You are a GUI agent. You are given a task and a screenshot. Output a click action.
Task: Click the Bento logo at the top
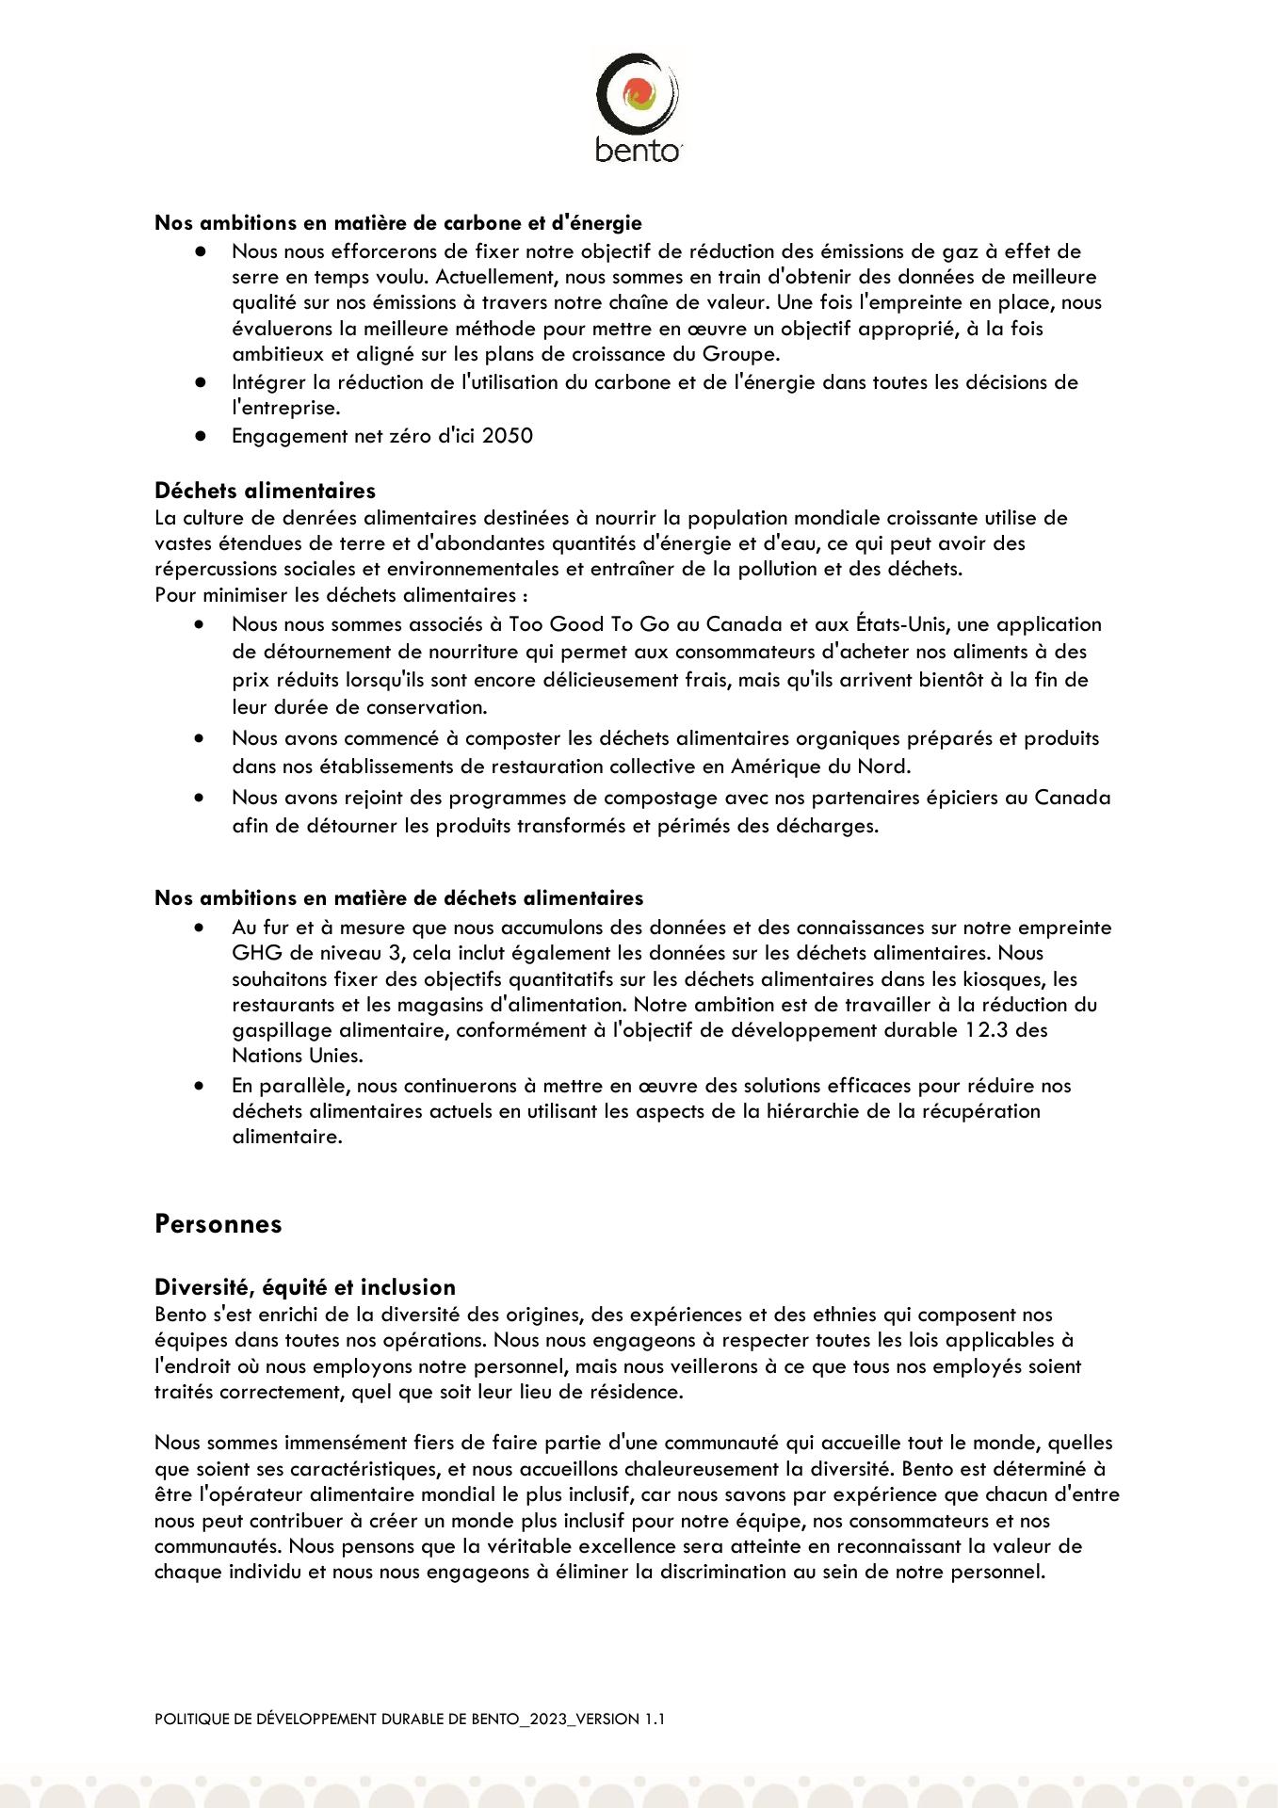coord(638,107)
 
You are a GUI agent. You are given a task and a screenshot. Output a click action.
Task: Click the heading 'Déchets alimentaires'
coord(265,491)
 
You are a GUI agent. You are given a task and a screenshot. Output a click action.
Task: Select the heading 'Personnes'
coord(218,1224)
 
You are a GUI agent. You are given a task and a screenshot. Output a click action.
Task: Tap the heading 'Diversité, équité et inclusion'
coord(305,1287)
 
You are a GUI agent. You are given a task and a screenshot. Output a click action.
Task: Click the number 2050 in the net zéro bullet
coord(508,436)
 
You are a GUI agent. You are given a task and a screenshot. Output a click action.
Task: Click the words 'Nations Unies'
coord(297,1056)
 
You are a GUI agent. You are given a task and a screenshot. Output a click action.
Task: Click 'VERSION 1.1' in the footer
coord(621,1719)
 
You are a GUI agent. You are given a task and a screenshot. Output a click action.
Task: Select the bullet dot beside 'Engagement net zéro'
coord(200,436)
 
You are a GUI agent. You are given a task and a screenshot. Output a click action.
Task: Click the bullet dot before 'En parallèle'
coord(200,1086)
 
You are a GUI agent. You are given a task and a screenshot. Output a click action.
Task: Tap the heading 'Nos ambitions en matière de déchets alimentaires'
coord(399,898)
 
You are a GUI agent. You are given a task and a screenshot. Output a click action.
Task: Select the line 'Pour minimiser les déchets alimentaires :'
coord(341,595)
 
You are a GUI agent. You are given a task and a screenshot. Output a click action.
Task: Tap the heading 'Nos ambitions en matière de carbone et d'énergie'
coord(398,223)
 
